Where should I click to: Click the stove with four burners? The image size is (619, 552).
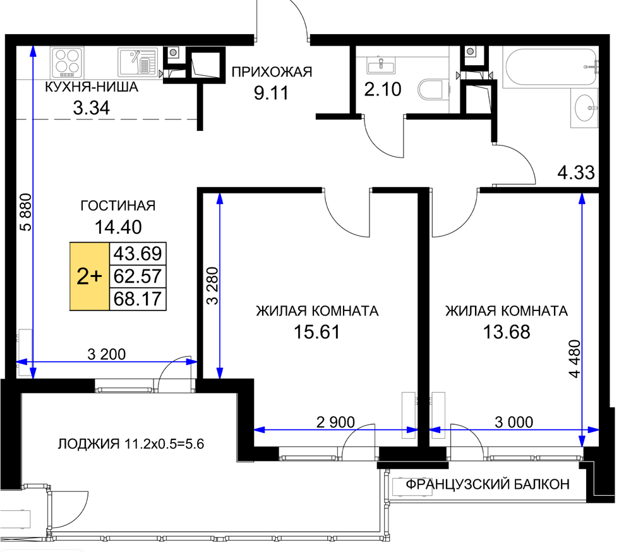(x=68, y=62)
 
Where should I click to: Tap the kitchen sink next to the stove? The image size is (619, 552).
(x=138, y=62)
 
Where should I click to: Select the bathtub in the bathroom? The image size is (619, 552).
(x=550, y=68)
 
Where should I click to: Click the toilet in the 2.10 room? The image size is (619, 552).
(x=430, y=90)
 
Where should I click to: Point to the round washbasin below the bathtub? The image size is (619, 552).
(x=584, y=107)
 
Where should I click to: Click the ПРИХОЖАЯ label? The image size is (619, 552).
(x=272, y=72)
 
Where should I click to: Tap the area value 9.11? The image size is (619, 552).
(x=271, y=93)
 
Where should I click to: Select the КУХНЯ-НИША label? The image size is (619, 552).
(x=92, y=87)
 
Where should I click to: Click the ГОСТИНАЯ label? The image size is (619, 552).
(x=118, y=205)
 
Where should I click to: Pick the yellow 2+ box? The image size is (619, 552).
(x=90, y=276)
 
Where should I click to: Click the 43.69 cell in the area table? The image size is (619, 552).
(x=138, y=254)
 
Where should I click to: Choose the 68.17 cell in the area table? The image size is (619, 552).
(x=138, y=299)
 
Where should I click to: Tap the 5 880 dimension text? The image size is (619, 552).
(x=25, y=212)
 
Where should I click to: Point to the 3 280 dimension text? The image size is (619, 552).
(x=212, y=286)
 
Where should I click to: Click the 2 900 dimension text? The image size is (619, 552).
(x=335, y=422)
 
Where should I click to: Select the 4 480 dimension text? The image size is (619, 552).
(x=575, y=359)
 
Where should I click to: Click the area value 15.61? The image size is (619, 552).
(x=317, y=332)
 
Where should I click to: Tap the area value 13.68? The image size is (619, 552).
(x=507, y=332)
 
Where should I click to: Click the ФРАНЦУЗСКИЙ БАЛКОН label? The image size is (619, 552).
(x=488, y=484)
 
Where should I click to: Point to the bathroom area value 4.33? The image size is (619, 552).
(x=576, y=173)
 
